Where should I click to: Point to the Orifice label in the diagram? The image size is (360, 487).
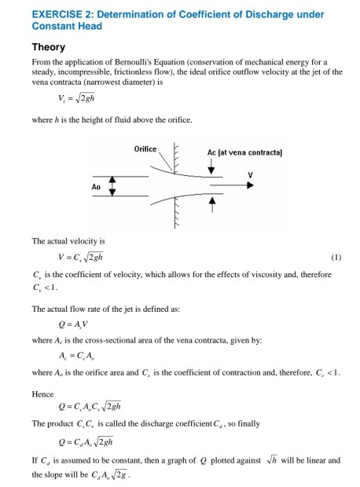[x=145, y=148]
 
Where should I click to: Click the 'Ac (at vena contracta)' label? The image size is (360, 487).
[x=234, y=151]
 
